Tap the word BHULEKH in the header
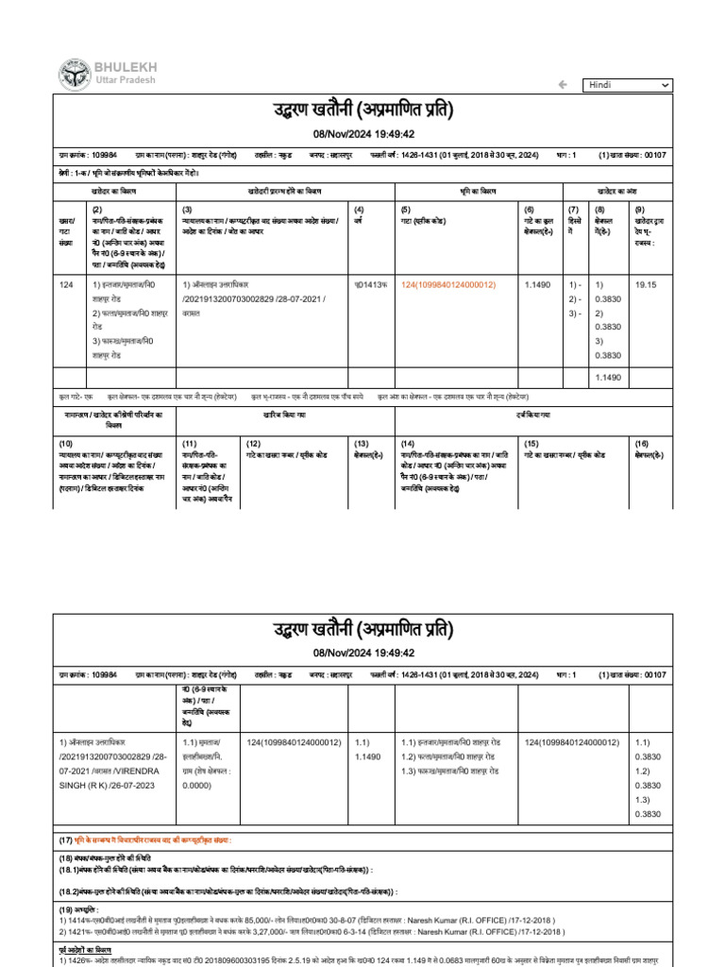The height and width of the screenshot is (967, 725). tap(126, 67)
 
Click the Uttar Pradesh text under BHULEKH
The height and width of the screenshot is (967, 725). tap(124, 82)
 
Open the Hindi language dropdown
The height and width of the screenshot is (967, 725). tap(627, 85)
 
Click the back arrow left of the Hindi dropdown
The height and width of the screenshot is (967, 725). tap(563, 85)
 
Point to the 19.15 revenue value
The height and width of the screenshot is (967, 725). tap(646, 284)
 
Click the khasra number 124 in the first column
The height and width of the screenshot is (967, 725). tap(66, 284)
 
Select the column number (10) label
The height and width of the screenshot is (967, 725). tap(66, 443)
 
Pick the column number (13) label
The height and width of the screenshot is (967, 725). tap(361, 443)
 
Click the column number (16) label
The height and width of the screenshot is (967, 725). tap(641, 443)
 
